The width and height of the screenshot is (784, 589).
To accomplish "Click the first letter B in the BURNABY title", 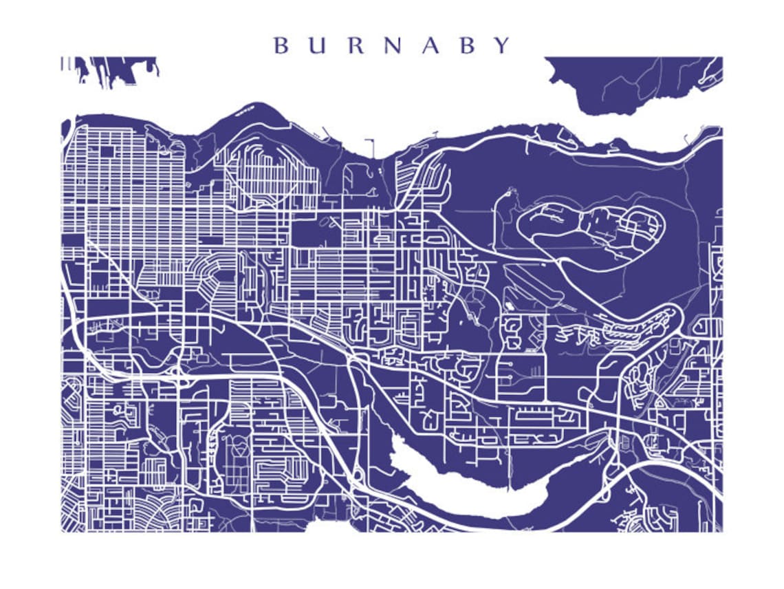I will pyautogui.click(x=281, y=45).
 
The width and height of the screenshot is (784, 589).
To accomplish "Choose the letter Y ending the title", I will pyautogui.click(x=502, y=45).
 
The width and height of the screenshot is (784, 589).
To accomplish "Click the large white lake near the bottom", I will pyautogui.click(x=475, y=492).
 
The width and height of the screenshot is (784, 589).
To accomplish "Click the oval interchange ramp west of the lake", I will pyautogui.click(x=358, y=474).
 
